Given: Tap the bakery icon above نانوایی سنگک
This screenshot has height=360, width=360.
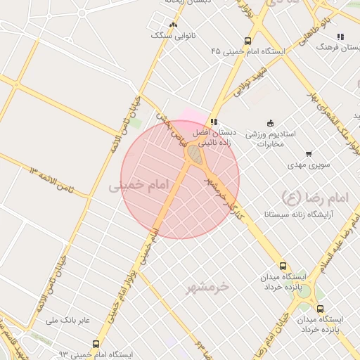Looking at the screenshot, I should (x=173, y=25).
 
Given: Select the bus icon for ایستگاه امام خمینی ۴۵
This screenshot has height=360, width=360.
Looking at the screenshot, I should (x=247, y=41).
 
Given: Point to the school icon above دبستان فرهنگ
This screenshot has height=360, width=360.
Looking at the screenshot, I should (x=341, y=37).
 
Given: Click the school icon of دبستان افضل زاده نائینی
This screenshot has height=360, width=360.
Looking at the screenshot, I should (x=214, y=122).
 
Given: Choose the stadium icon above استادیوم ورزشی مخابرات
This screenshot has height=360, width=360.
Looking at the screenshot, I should (x=269, y=123).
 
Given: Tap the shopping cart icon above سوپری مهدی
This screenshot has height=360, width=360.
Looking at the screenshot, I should (x=308, y=154).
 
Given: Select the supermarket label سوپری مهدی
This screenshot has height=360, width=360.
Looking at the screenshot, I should (x=308, y=166).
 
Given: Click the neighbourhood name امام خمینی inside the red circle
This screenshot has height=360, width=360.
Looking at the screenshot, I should (x=140, y=185).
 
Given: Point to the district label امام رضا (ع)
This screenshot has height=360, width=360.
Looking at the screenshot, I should (x=314, y=196).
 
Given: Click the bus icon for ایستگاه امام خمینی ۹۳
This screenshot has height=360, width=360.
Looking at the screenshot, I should (x=96, y=344).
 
